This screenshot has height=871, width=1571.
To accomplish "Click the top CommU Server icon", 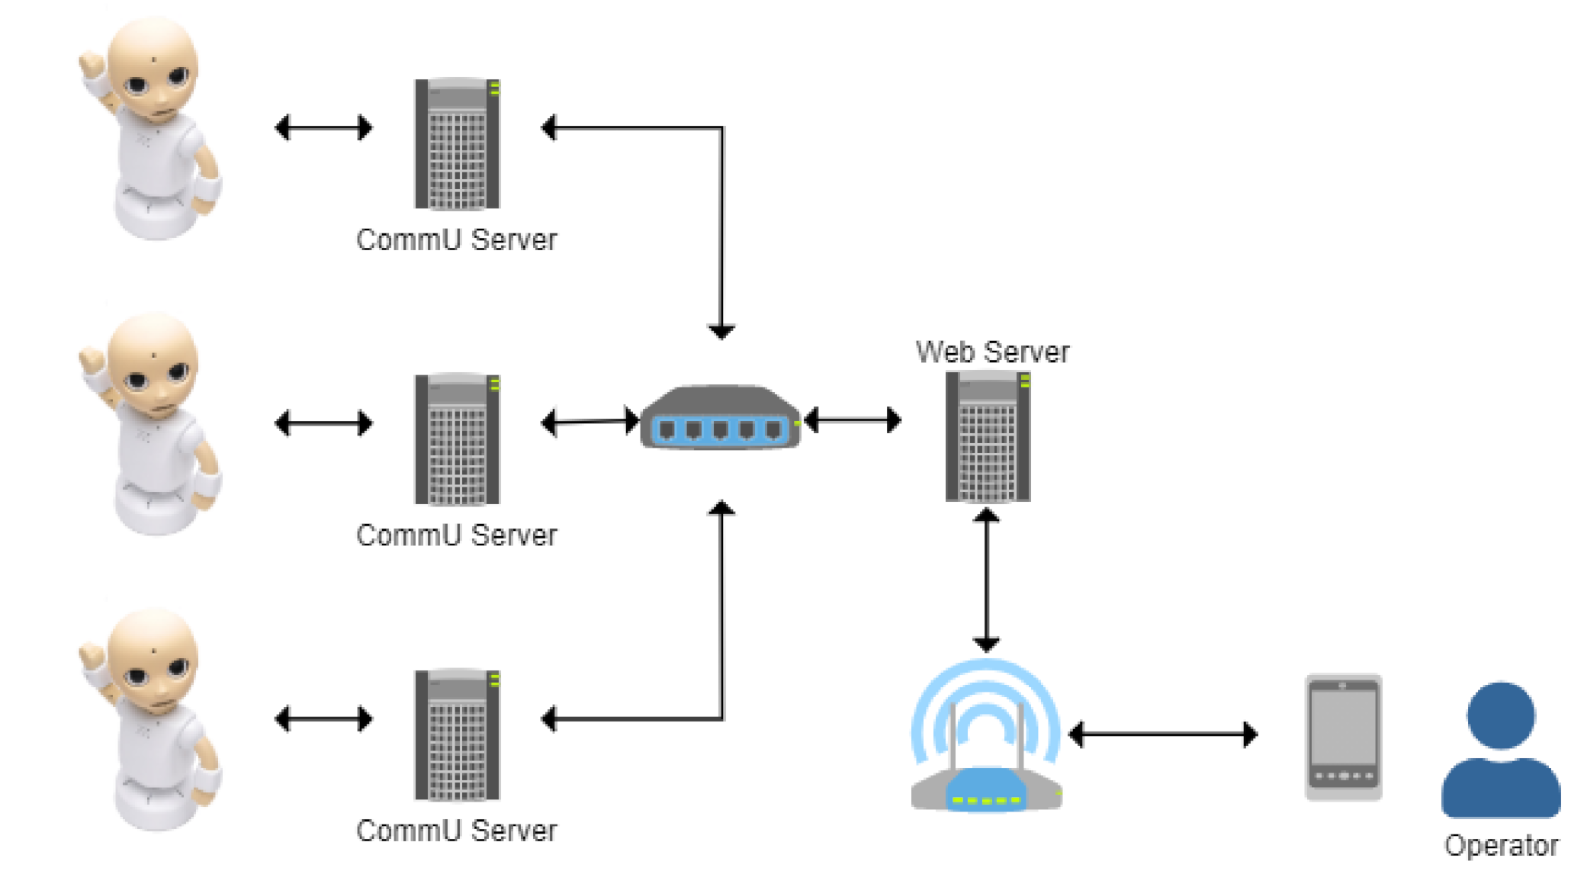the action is point(457,143).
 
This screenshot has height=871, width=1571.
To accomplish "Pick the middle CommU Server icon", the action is point(457,439).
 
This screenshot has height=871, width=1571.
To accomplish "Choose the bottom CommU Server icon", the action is point(457,735).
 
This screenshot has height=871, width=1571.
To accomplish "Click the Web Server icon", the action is point(988,436).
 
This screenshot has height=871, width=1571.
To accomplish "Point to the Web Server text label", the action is point(992,352).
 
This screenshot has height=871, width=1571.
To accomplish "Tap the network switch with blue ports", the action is point(721,417).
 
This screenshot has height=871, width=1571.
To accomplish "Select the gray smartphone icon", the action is point(1344,738).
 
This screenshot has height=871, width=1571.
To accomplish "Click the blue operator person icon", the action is point(1501,749).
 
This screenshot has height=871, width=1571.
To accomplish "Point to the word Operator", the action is point(1501,845).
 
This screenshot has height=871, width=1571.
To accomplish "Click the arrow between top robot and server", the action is point(323,127).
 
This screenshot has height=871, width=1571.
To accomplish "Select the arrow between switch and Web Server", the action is point(853,419).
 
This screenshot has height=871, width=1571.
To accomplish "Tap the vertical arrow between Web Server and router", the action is point(986,580).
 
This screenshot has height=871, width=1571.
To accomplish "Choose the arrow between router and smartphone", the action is point(1163,734).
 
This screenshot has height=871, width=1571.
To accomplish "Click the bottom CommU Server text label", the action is point(457,831).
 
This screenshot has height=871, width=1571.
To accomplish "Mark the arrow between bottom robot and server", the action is point(323,718).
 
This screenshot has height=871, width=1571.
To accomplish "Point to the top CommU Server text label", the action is point(457,239).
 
